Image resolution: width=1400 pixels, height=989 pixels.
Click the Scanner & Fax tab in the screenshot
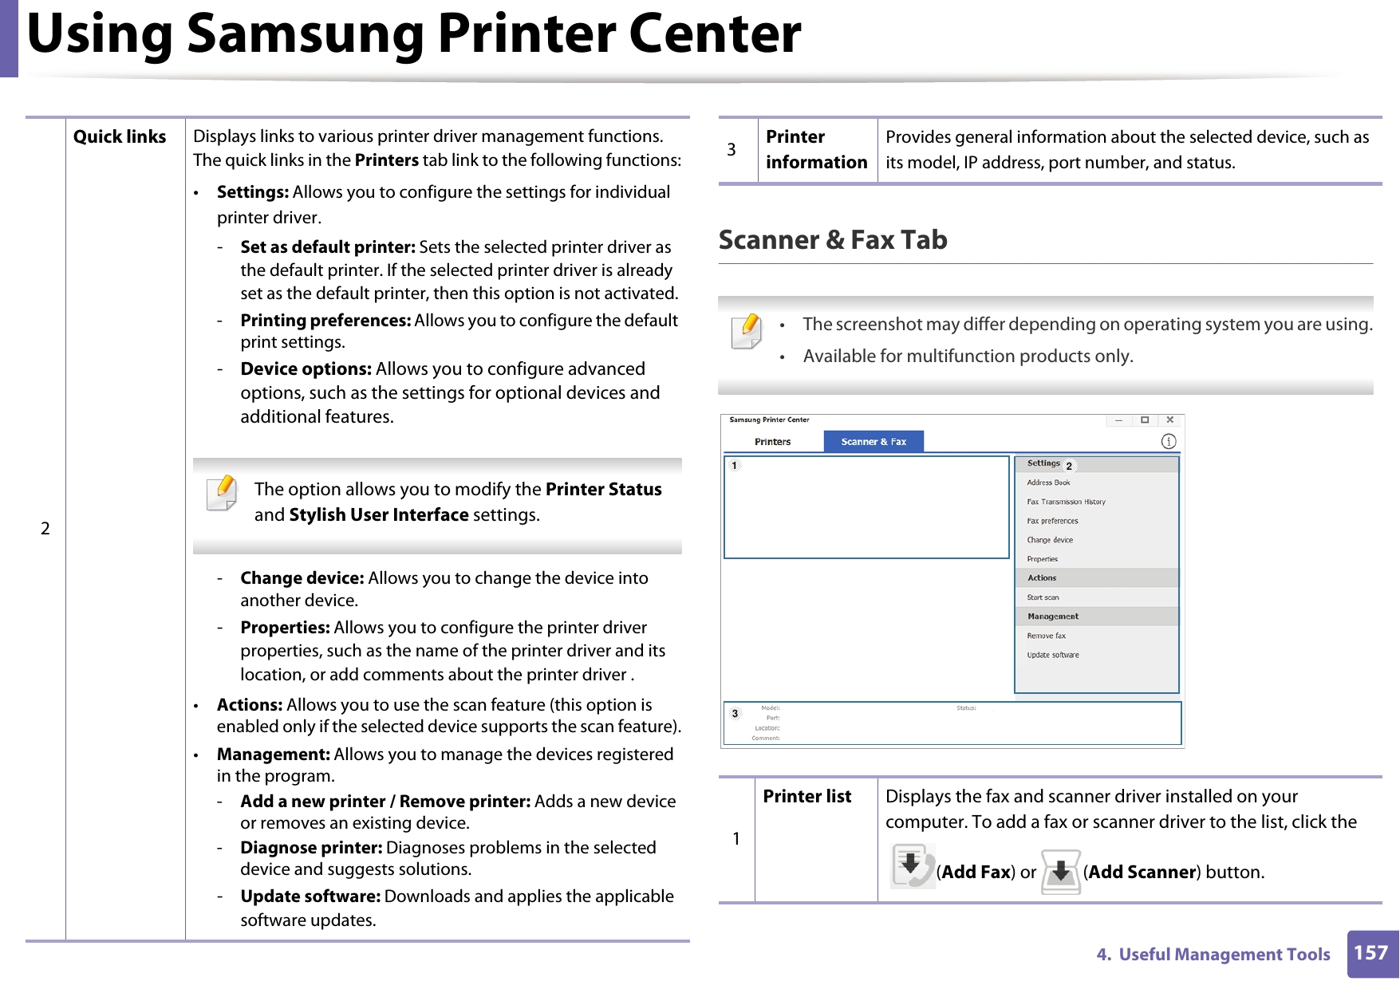pyautogui.click(x=874, y=442)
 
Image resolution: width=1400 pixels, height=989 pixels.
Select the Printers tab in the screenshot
pyautogui.click(x=772, y=442)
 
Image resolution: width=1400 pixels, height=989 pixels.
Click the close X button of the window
pyautogui.click(x=1169, y=420)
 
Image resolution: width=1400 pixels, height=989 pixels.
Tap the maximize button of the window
pyautogui.click(x=1145, y=420)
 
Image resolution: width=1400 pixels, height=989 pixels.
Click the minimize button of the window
pyautogui.click(x=1119, y=420)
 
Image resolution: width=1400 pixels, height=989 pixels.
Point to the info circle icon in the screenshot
pyautogui.click(x=1169, y=442)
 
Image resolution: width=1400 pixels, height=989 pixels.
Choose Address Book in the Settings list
pyautogui.click(x=1048, y=483)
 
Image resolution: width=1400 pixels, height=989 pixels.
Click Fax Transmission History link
pyautogui.click(x=1066, y=502)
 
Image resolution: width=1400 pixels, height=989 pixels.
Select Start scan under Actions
pyautogui.click(x=1043, y=597)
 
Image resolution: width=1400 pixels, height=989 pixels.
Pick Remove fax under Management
pyautogui.click(x=1046, y=636)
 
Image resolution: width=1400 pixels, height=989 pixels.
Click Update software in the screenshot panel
pyautogui.click(x=1052, y=655)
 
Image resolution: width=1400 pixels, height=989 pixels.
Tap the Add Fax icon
pyautogui.click(x=912, y=867)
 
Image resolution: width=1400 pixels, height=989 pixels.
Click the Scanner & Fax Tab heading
pyautogui.click(x=833, y=240)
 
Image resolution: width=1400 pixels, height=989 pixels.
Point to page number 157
pyautogui.click(x=1371, y=953)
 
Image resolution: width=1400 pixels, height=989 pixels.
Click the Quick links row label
pyautogui.click(x=120, y=137)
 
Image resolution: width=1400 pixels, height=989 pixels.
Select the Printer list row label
pyautogui.click(x=806, y=797)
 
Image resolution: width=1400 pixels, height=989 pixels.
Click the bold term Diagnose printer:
pyautogui.click(x=311, y=848)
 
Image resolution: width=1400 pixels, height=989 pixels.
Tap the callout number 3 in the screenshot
pyautogui.click(x=735, y=714)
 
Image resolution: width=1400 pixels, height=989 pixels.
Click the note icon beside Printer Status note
pyautogui.click(x=222, y=493)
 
